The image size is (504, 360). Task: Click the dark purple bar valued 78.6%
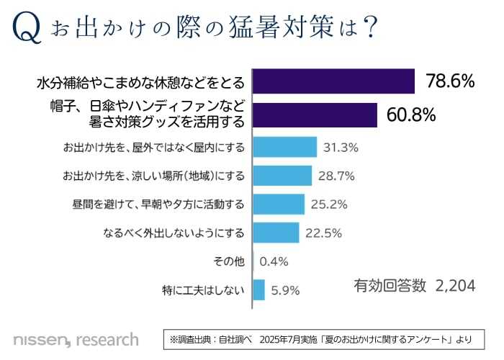click(334, 81)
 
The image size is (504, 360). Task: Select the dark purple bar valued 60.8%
click(315, 115)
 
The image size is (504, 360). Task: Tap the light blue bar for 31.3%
click(285, 147)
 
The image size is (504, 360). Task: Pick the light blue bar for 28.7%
click(282, 176)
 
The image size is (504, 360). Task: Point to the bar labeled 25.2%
click(279, 204)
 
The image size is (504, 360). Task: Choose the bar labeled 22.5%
click(276, 233)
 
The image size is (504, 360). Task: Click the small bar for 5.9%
click(259, 290)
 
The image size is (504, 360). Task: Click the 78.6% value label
click(450, 81)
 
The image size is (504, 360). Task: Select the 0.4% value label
click(274, 261)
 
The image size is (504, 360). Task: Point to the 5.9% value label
click(285, 291)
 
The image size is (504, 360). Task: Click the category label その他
click(230, 261)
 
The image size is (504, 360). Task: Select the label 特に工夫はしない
click(204, 291)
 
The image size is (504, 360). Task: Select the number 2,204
click(455, 286)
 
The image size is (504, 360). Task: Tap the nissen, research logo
click(76, 338)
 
